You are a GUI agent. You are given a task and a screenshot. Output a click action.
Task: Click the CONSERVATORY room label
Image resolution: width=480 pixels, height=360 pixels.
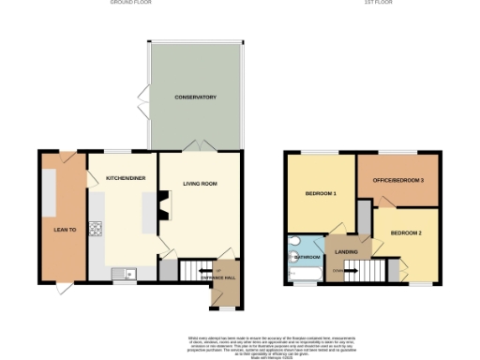(196, 97)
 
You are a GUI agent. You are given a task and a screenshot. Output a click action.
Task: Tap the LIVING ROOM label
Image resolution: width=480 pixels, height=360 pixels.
(200, 184)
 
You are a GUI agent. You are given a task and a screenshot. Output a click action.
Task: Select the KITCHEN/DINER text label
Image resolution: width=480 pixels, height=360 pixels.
(124, 176)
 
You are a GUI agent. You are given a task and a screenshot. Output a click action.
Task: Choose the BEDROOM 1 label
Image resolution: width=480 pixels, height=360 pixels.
(321, 194)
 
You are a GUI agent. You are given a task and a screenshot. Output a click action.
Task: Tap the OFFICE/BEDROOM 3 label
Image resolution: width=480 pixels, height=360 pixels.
(403, 180)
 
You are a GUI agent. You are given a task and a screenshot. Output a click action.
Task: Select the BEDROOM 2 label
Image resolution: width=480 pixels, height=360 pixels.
(406, 232)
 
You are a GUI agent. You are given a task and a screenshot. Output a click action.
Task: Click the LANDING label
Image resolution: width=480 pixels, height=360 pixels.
(347, 250)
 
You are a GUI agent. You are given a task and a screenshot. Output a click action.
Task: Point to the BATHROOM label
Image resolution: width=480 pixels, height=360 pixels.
(307, 256)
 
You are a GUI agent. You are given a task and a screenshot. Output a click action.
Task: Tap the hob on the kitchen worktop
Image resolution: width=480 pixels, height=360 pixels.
(95, 228)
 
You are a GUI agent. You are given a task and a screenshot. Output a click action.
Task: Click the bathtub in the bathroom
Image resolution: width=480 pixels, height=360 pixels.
(305, 274)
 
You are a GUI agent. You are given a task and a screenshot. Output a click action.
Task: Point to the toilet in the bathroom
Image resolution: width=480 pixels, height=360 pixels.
(292, 253)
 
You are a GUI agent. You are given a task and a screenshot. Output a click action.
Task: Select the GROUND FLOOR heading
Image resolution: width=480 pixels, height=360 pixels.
(131, 4)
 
